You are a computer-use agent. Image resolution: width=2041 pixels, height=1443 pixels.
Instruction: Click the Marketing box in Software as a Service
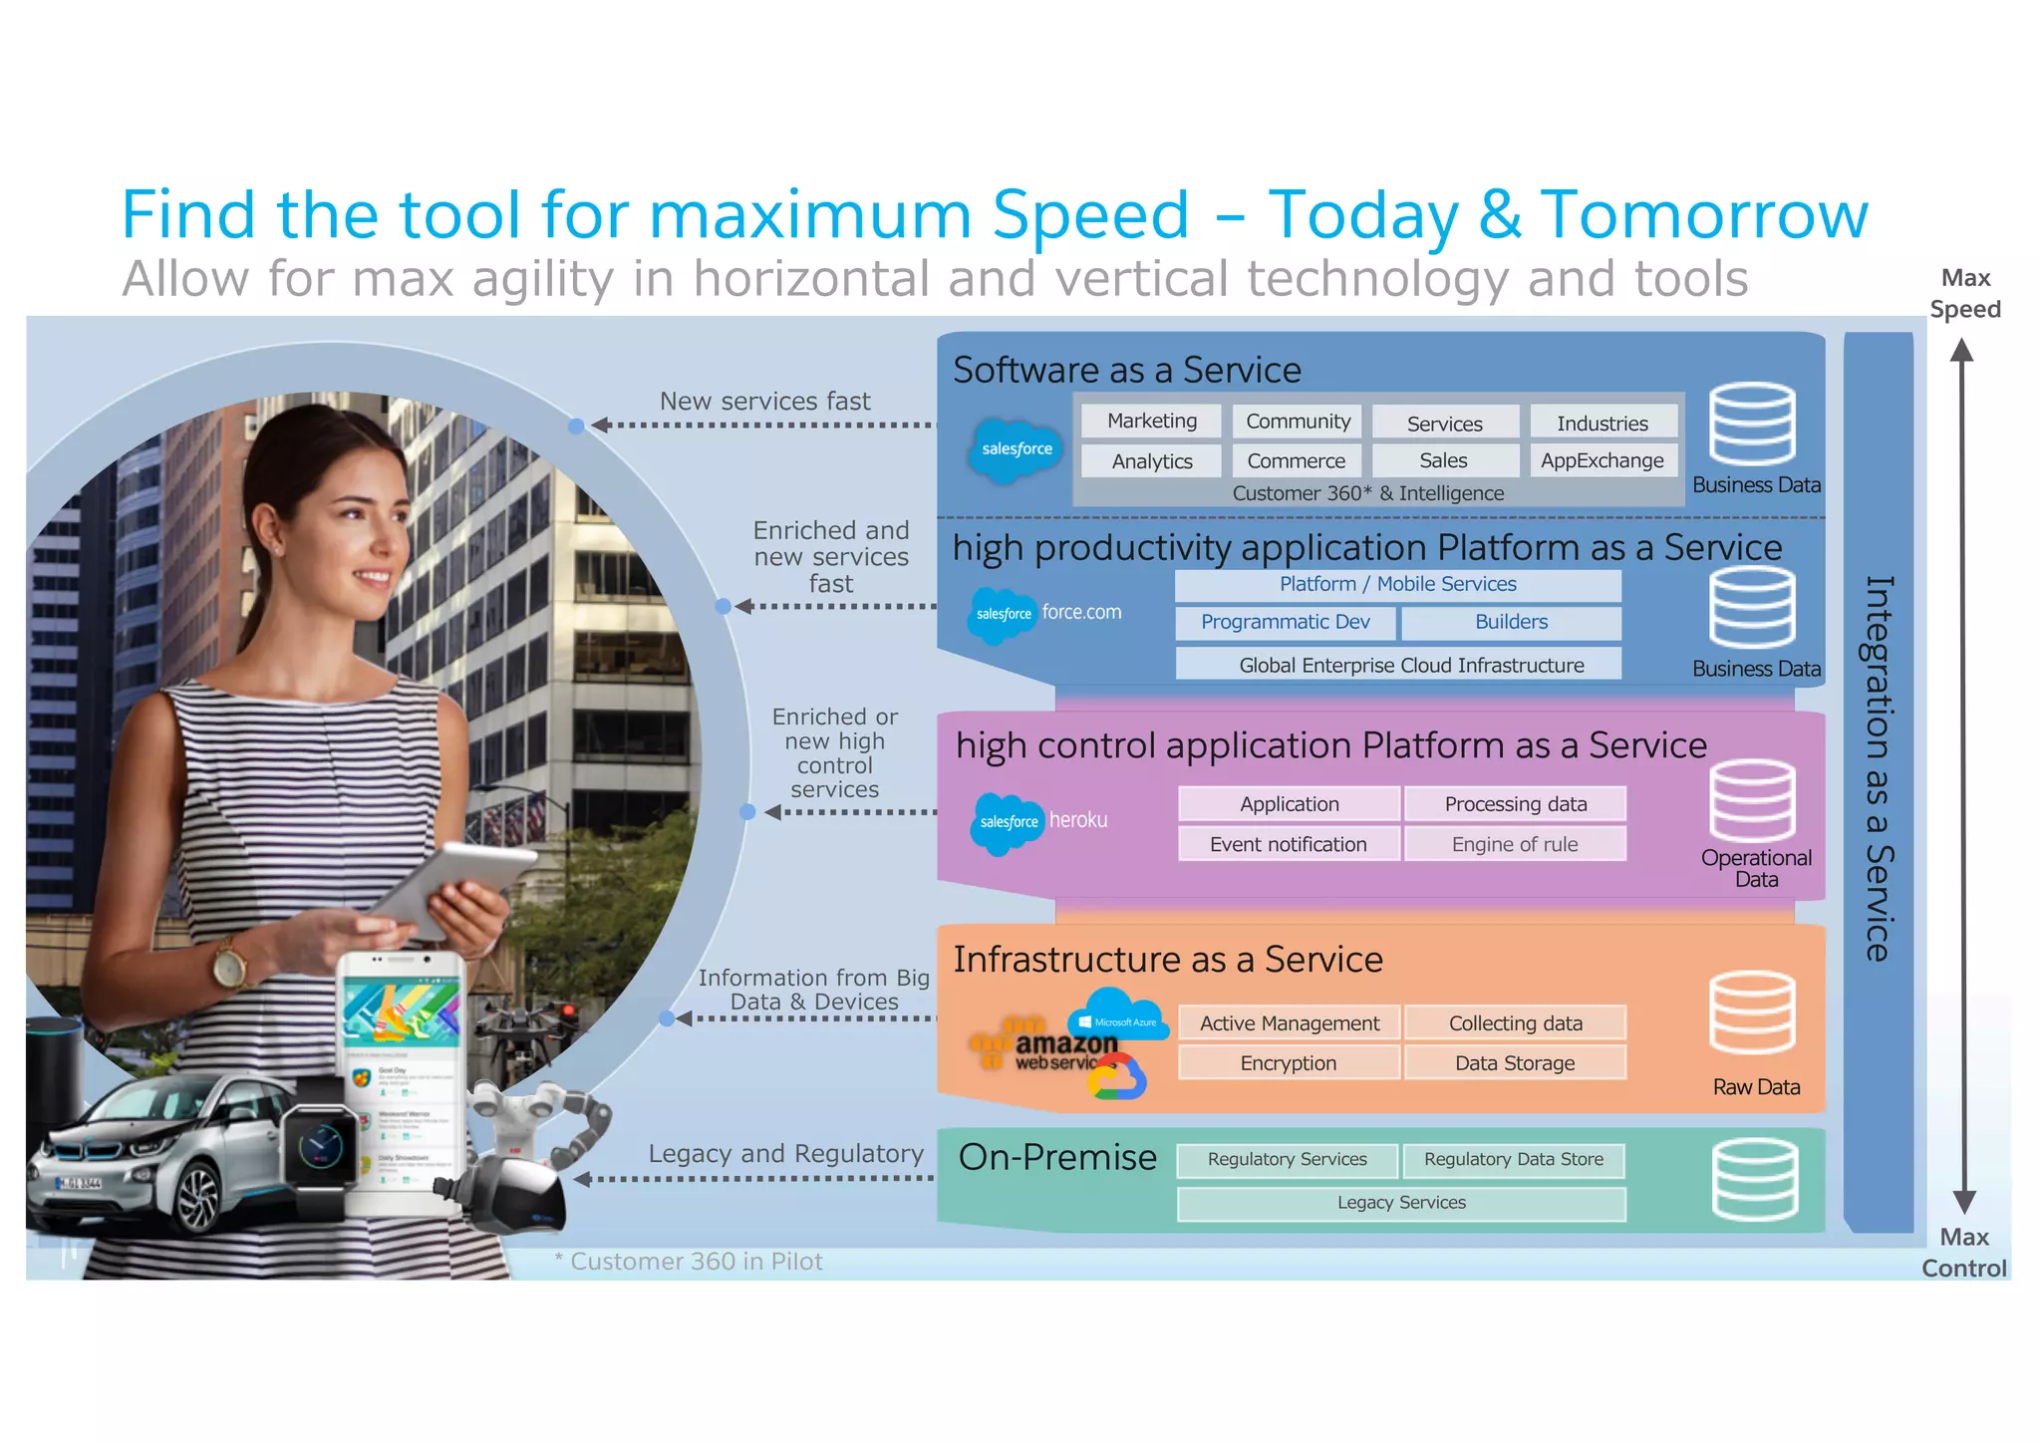tap(1152, 422)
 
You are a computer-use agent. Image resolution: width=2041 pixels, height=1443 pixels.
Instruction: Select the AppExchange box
tap(1602, 460)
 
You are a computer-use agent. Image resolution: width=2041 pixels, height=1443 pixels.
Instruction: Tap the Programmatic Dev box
tap(1285, 622)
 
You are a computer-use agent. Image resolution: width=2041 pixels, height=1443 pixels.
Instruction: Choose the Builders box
tap(1511, 622)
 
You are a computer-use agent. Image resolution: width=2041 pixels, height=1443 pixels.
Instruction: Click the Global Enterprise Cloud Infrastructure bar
tap(1399, 665)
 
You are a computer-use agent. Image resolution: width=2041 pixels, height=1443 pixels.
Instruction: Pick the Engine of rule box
tap(1514, 844)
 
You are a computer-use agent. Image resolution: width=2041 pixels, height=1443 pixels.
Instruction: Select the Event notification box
tap(1288, 844)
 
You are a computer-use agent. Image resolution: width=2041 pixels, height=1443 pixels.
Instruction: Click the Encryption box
tap(1288, 1063)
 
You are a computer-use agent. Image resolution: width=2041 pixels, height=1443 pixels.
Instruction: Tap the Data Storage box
tap(1514, 1063)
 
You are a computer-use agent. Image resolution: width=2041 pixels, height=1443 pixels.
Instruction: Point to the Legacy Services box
tap(1400, 1203)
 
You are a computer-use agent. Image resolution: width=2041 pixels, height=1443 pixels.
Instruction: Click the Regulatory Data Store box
tap(1513, 1160)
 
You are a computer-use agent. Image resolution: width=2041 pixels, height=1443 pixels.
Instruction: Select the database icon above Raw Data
tap(1752, 1013)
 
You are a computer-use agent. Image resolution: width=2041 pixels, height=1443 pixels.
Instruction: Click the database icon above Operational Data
tap(1752, 800)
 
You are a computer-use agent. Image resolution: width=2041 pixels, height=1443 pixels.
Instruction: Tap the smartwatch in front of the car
tap(320, 1146)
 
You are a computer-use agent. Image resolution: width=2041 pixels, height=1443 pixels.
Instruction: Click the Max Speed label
tap(1964, 294)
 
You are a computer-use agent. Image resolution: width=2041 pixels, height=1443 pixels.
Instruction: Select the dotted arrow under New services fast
tap(762, 426)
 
